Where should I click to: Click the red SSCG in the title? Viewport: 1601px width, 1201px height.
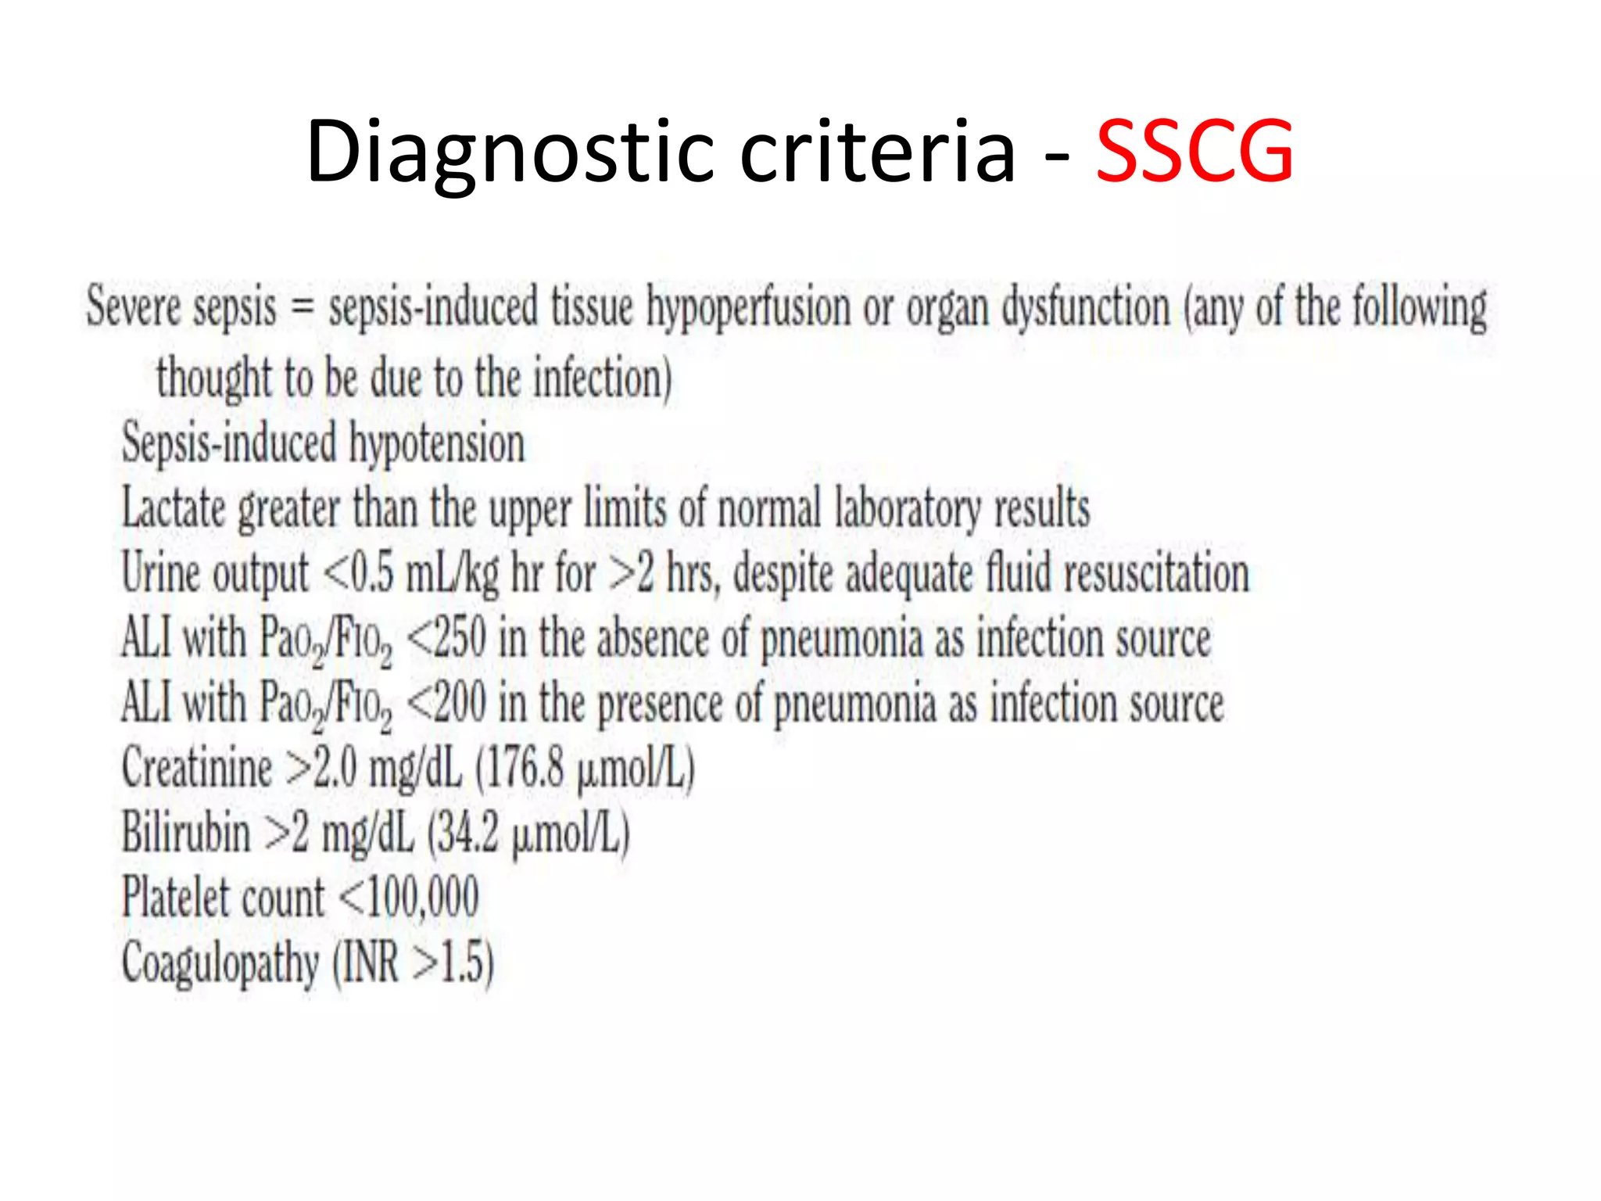click(x=1194, y=151)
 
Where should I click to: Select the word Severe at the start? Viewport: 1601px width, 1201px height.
click(x=133, y=306)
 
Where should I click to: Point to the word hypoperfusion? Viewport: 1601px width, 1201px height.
click(x=748, y=307)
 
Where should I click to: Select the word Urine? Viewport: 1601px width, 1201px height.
click(x=160, y=573)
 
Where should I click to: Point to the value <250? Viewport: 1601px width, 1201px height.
click(x=447, y=638)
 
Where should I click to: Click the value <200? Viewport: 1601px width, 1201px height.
click(x=447, y=702)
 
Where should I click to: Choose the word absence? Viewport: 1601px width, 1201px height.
click(x=653, y=638)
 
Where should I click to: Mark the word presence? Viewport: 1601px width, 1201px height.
click(x=660, y=704)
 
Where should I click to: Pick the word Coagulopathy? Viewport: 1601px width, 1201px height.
click(x=220, y=963)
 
